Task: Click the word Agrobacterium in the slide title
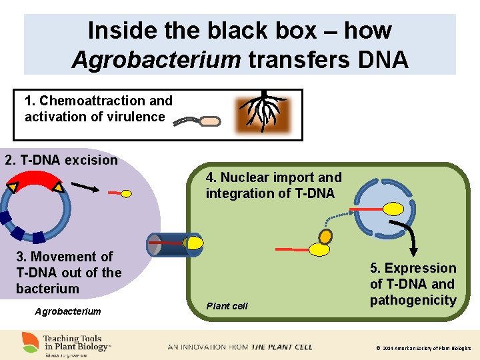[156, 59]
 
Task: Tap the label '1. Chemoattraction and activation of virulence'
[98, 109]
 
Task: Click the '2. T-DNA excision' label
[61, 160]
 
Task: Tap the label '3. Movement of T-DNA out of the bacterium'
[69, 272]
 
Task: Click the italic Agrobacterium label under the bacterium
[67, 311]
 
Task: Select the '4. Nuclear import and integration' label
[273, 185]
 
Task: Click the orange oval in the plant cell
[325, 236]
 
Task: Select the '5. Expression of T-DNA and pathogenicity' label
[413, 284]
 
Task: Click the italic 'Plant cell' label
[227, 306]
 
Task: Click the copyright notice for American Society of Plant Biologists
[423, 348]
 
